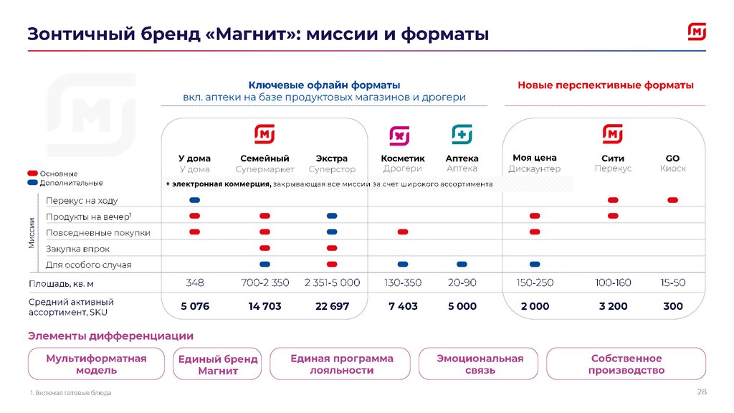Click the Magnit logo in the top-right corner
coord(697,32)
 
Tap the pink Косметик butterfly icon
coord(399,135)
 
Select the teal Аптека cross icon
coord(462,135)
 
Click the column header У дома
coord(194,158)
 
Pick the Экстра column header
coord(332,158)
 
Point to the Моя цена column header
coord(535,158)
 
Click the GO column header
coord(672,158)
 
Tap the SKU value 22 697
coord(332,306)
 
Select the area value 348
coord(194,283)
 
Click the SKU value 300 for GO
coord(673,306)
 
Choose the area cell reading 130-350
coord(403,283)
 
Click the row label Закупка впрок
coord(78,249)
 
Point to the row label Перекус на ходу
coord(82,201)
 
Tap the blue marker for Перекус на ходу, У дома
coord(194,200)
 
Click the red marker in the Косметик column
coord(403,232)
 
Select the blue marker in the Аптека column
coord(462,264)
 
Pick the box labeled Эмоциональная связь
coord(480,364)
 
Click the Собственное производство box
coord(626,364)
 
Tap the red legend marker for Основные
coord(32,174)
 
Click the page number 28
coord(702,391)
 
